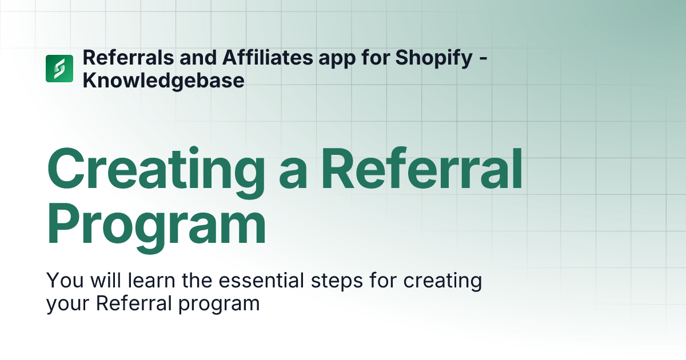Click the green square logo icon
(59, 69)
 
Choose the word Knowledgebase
(163, 81)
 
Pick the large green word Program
(156, 226)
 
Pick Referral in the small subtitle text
(134, 303)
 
